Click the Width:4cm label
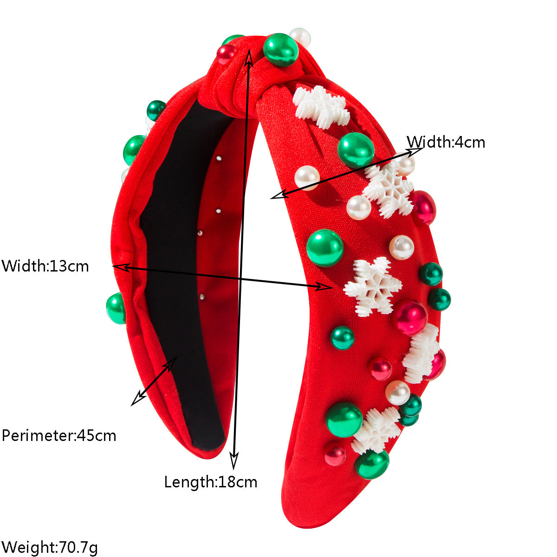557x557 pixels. (x=446, y=142)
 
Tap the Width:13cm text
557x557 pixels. (x=45, y=266)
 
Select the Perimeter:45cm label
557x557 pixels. (x=59, y=435)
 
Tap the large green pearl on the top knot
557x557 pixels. (x=281, y=50)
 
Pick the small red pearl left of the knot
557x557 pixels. (x=227, y=54)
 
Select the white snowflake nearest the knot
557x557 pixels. (x=321, y=107)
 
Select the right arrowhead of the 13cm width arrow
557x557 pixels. (x=324, y=286)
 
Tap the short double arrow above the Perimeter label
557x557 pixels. (x=154, y=382)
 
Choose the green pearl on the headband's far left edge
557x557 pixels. (x=116, y=308)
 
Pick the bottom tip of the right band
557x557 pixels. (x=304, y=528)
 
